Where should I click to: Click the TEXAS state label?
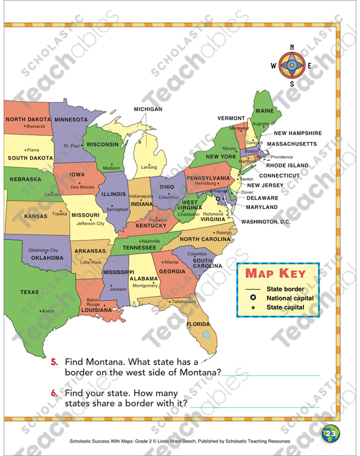click(29, 293)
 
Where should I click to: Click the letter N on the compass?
click(292, 47)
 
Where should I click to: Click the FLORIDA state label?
click(198, 324)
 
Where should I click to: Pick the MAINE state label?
click(265, 111)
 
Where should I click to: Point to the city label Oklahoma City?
click(43, 250)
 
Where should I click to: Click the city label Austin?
click(48, 311)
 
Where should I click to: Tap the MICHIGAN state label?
click(148, 109)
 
